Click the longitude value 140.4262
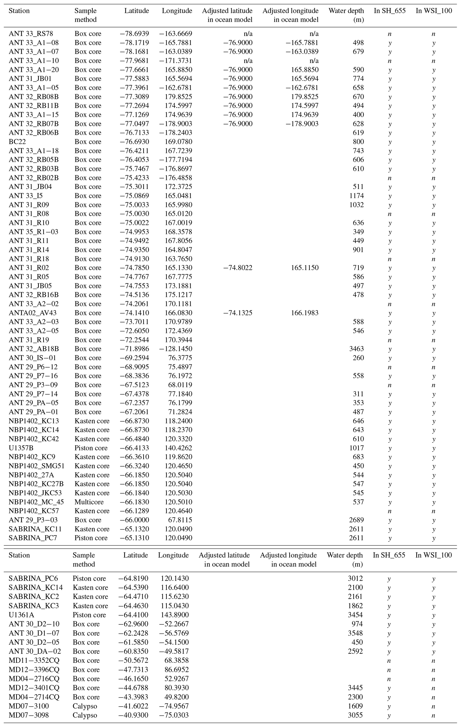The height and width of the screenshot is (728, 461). (178, 448)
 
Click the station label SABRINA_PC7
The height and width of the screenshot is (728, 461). (28, 538)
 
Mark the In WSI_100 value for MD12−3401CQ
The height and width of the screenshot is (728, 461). (433, 688)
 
